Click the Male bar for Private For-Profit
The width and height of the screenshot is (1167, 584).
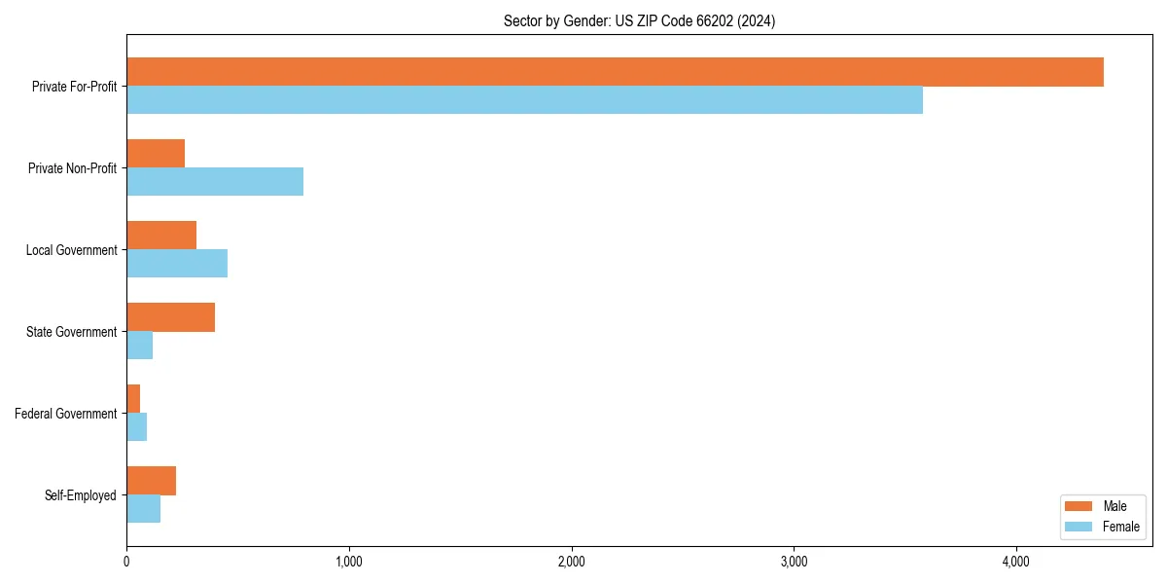coord(615,72)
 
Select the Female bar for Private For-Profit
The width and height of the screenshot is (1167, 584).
coord(524,99)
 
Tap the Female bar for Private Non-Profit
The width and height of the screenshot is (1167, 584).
coord(215,181)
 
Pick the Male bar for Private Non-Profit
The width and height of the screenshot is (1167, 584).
coord(156,154)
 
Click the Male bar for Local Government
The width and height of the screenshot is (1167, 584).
coord(161,236)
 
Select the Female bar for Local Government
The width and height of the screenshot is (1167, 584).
coord(177,263)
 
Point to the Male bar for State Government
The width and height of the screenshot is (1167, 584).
coord(170,317)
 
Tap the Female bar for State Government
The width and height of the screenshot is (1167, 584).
coord(139,345)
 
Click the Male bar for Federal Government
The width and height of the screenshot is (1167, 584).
coord(133,399)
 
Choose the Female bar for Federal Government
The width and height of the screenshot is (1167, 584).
coord(136,426)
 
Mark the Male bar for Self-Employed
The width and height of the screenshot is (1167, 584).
coord(151,481)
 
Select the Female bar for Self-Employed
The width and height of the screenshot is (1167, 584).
coord(143,508)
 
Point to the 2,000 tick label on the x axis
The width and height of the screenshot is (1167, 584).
coord(571,562)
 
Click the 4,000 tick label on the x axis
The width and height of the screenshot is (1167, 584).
coord(1015,562)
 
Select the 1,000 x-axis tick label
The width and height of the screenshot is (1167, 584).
coord(348,562)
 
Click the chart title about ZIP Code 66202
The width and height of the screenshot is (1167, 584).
coord(639,20)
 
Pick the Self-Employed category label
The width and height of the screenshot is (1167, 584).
coord(81,495)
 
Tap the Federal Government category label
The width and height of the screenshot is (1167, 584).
coord(66,414)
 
